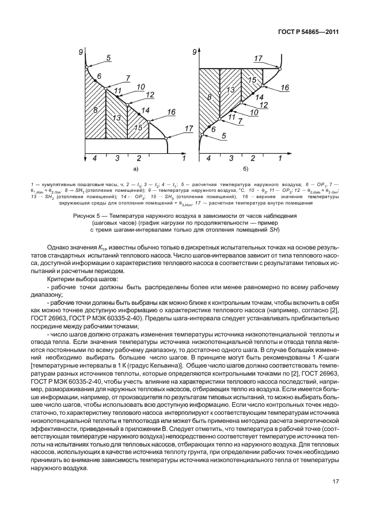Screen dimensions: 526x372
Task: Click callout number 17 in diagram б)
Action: tap(258, 58)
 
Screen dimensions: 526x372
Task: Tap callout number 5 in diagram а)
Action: tap(108, 58)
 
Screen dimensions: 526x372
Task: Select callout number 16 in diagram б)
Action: tap(284, 87)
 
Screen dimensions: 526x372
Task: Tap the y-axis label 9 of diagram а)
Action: tap(82, 52)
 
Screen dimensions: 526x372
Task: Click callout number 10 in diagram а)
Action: tap(141, 87)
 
